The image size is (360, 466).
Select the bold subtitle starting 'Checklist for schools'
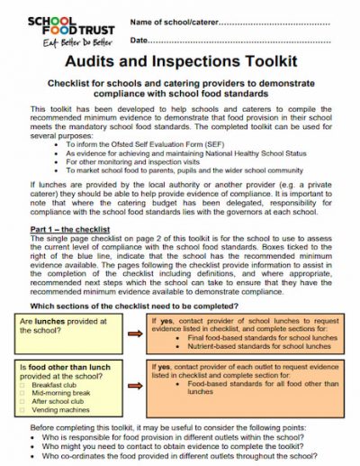point(180,87)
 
